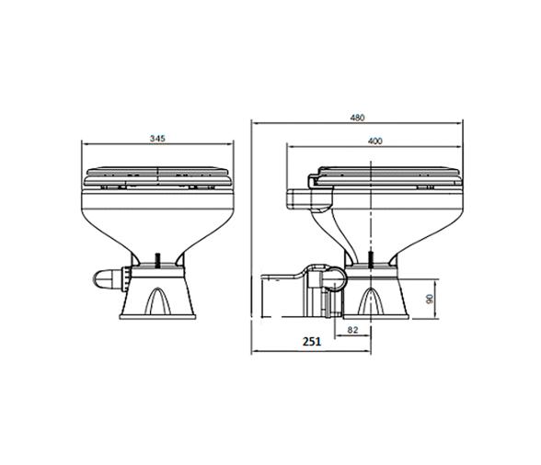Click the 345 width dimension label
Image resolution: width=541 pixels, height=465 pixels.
[156, 137]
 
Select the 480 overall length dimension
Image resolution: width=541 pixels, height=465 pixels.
[357, 118]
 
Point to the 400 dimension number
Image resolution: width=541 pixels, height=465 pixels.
[374, 141]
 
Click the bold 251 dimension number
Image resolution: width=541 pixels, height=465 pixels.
[311, 341]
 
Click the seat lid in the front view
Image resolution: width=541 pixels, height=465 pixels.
[156, 173]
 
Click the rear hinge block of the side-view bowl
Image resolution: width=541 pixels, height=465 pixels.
[303, 197]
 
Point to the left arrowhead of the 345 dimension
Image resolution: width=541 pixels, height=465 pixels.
[86, 143]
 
